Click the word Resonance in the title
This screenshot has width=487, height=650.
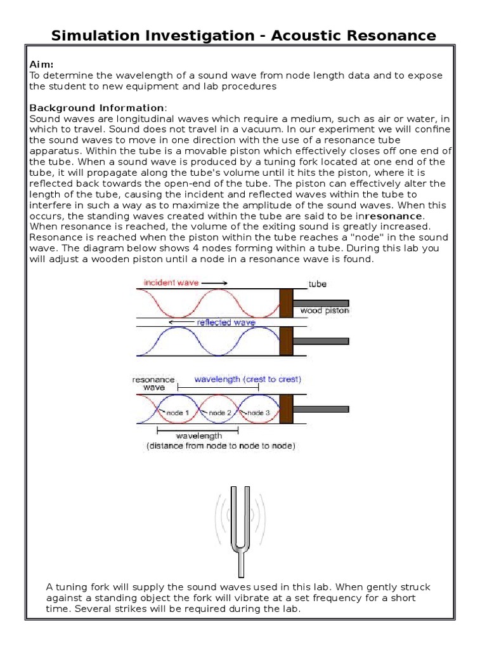[391, 35]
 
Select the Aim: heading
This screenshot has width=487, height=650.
[42, 65]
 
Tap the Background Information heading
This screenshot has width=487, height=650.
[96, 108]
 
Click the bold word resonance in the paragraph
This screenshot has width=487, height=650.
[393, 216]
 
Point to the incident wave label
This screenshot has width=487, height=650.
[171, 282]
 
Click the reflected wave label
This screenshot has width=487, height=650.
[226, 322]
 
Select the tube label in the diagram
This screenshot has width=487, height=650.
[317, 284]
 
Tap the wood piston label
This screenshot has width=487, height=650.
[324, 311]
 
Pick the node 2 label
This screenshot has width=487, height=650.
[221, 413]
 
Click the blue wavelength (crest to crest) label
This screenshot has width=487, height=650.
[247, 379]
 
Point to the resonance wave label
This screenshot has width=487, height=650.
[149, 383]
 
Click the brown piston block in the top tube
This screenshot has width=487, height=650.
[286, 303]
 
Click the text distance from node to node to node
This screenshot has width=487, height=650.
[220, 446]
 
